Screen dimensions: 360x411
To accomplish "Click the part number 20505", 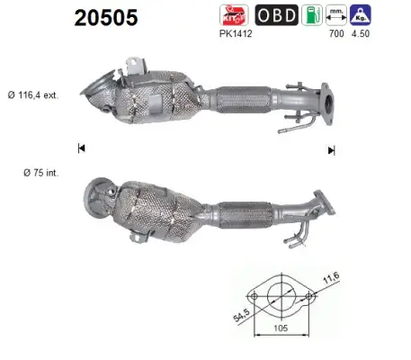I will pos(101,17).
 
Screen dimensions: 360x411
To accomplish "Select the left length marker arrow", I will pos(82,148).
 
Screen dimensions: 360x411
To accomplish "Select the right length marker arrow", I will pos(332,149).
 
